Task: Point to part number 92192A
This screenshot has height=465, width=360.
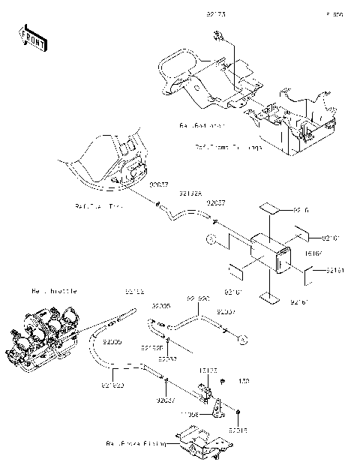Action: pos(189,193)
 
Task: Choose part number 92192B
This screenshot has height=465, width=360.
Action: pos(151,348)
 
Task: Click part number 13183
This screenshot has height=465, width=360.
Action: pos(208,370)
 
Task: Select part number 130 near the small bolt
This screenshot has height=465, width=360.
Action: pos(243,381)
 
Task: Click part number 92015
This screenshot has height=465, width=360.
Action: pos(239,430)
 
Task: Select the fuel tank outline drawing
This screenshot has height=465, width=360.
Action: pos(112,165)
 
